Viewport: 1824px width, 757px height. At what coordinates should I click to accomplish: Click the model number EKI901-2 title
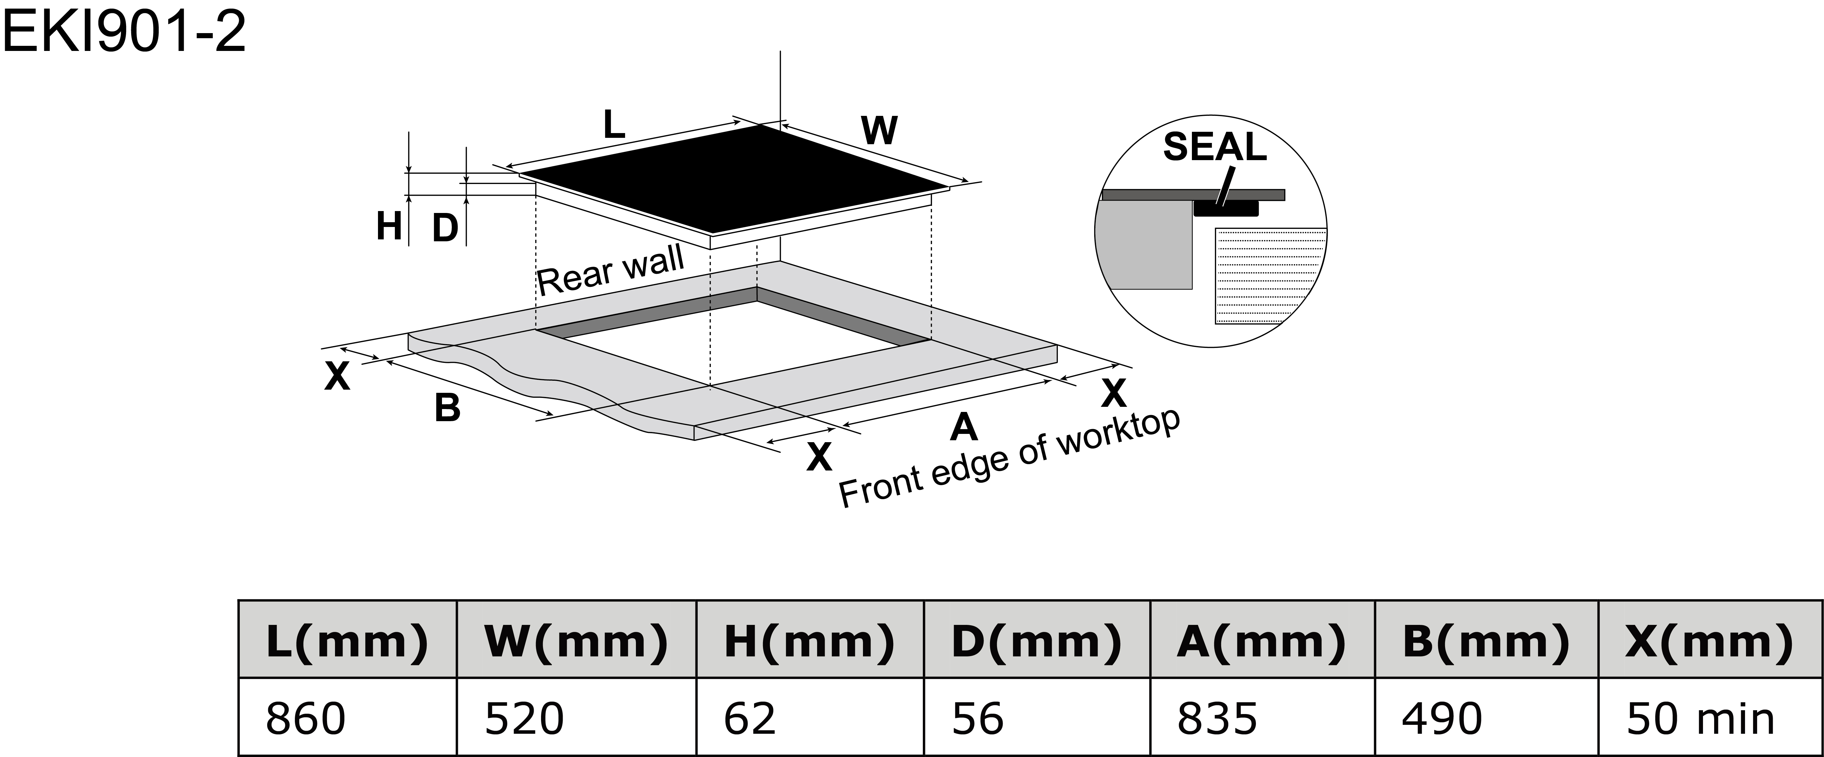(125, 32)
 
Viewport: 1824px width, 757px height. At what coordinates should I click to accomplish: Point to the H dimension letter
(389, 227)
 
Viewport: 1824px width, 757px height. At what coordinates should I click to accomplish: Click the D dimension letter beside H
(445, 229)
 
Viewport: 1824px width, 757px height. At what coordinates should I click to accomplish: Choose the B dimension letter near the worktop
(447, 409)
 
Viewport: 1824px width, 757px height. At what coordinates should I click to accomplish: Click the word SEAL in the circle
(1214, 147)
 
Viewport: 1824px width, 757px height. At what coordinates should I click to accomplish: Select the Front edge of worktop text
(1009, 459)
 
